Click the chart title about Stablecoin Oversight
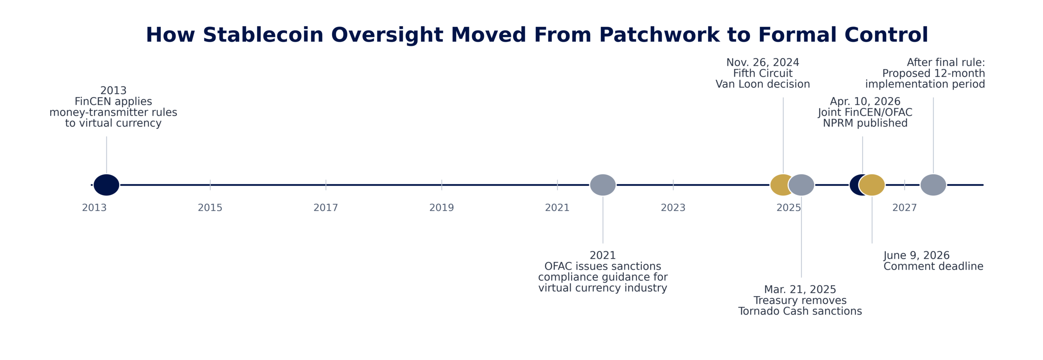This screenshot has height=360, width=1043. click(537, 35)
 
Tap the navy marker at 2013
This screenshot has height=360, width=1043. click(106, 185)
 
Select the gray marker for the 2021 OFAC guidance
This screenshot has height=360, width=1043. click(603, 185)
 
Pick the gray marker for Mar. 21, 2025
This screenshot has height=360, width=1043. click(801, 185)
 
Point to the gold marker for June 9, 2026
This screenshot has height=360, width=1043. click(872, 185)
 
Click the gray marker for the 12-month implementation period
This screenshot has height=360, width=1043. click(933, 185)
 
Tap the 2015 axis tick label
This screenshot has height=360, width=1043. click(210, 208)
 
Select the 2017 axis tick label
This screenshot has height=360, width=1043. click(326, 208)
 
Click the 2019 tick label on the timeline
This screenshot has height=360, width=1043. click(441, 208)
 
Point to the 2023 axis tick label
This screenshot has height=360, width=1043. click(673, 208)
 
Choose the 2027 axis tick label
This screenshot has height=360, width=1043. click(904, 208)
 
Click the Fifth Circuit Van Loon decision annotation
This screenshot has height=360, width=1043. click(763, 73)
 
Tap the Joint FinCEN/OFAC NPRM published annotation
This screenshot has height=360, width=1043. click(865, 112)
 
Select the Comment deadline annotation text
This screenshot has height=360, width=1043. click(933, 261)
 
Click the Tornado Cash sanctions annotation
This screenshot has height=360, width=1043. click(800, 301)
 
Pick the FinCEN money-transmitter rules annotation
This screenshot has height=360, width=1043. click(113, 107)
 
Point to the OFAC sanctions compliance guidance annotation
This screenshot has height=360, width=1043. click(603, 272)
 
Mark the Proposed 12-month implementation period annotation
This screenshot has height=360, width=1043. click(925, 73)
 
